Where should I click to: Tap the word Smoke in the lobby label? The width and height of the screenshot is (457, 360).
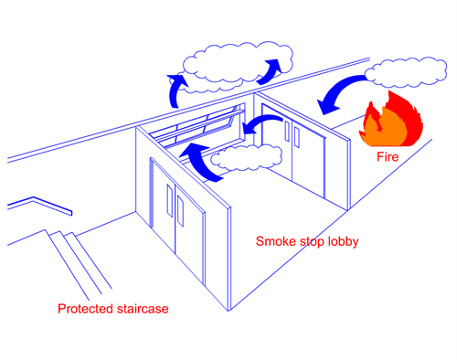274,242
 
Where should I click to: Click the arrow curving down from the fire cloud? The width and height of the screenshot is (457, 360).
338,94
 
